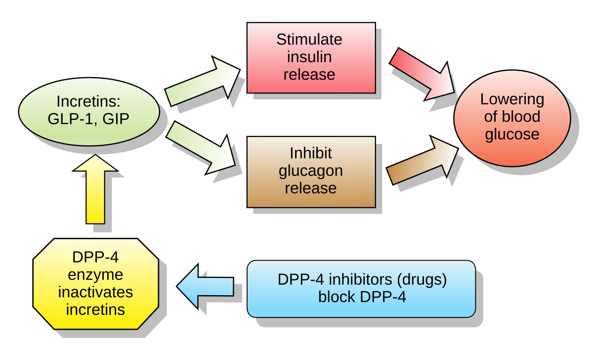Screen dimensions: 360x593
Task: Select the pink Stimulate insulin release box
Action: (x=311, y=57)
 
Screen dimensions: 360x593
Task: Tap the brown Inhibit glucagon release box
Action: (x=311, y=172)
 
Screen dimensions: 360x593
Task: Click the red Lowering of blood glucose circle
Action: (x=512, y=118)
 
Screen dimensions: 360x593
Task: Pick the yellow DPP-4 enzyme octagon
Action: (x=95, y=284)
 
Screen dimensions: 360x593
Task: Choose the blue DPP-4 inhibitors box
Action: (x=361, y=289)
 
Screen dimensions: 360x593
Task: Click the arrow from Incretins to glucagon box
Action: (x=200, y=148)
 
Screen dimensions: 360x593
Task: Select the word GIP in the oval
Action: (x=116, y=119)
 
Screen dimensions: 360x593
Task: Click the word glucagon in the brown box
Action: (x=311, y=171)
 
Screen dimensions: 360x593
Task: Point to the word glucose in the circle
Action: (x=512, y=134)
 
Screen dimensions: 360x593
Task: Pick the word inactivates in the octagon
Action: (x=95, y=292)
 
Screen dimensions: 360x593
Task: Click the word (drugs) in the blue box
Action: (x=421, y=279)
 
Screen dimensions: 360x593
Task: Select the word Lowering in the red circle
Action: (x=512, y=99)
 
